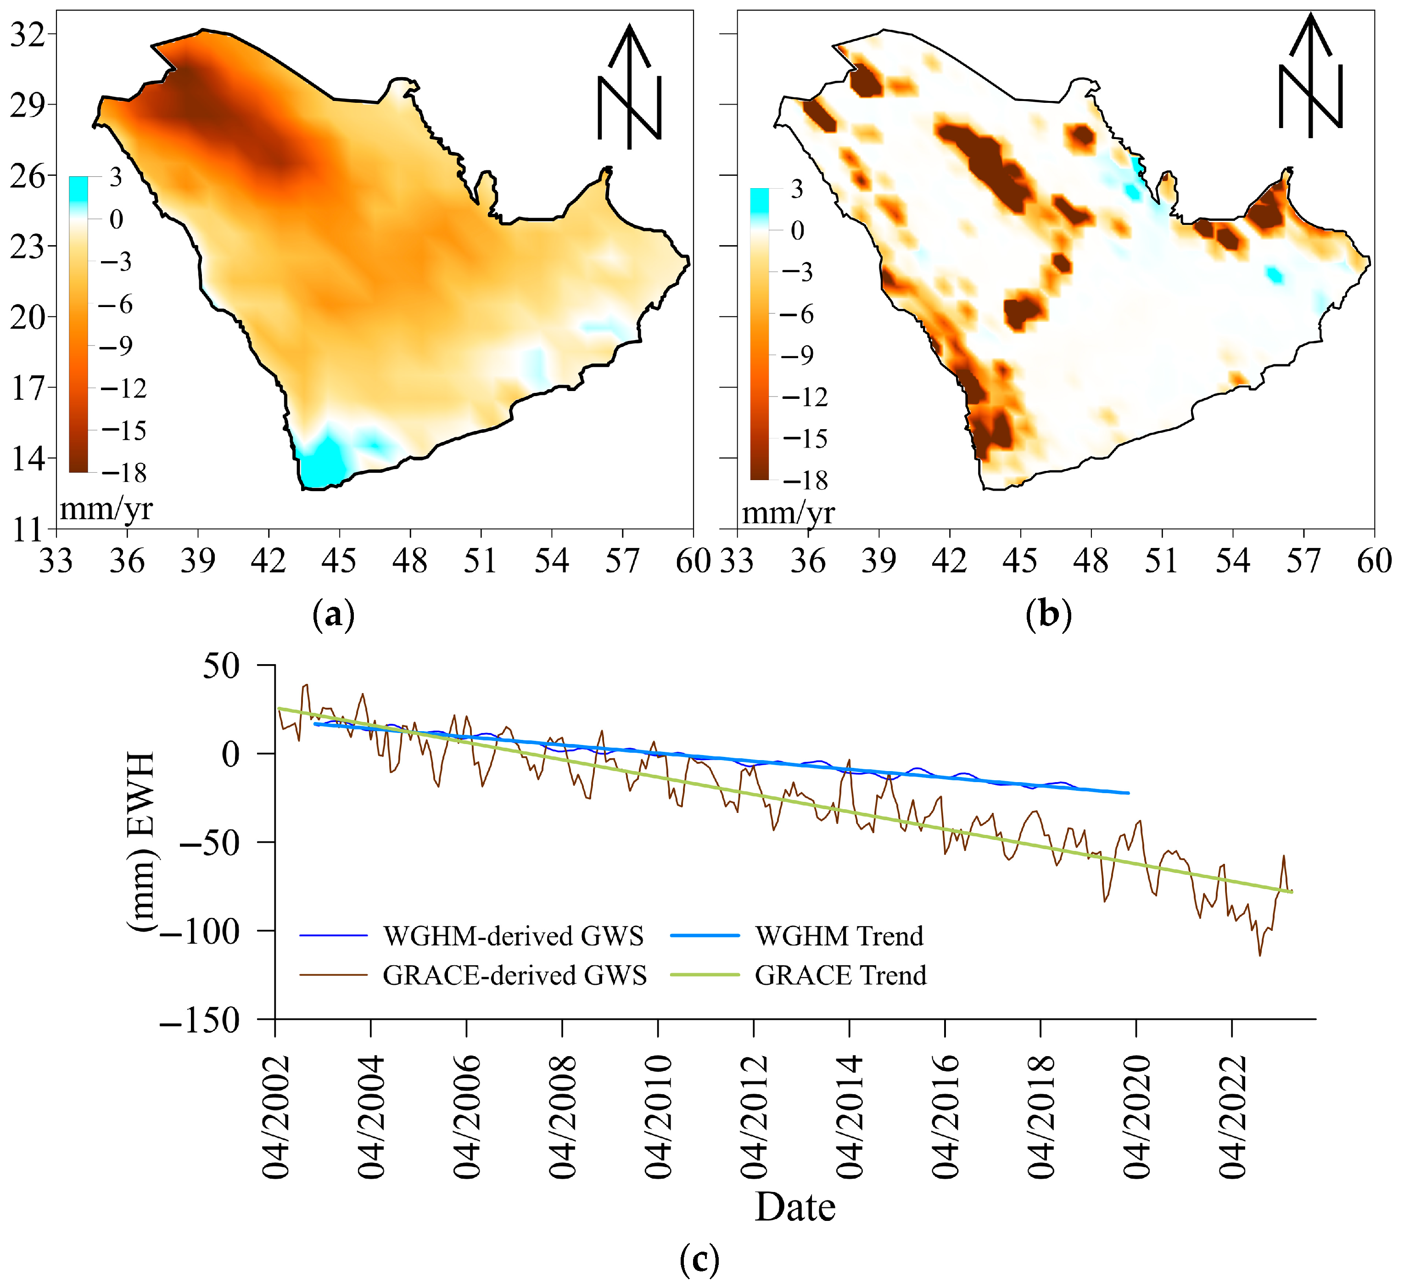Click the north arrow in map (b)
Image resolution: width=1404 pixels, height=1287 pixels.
pyautogui.click(x=1310, y=77)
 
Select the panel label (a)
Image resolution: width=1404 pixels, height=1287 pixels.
pyautogui.click(x=334, y=615)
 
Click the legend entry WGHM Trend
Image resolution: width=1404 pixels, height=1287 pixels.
pyautogui.click(x=839, y=936)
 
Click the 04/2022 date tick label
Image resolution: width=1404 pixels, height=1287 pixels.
pyautogui.click(x=1232, y=1117)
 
